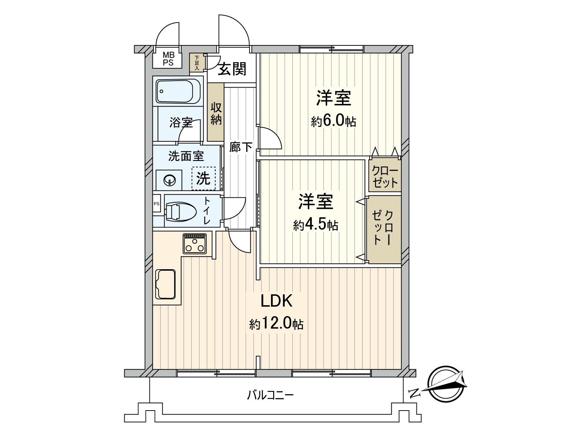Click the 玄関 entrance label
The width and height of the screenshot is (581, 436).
coord(232,69)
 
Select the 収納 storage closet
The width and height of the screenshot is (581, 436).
coord(216,113)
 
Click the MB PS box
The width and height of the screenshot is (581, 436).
coord(168,58)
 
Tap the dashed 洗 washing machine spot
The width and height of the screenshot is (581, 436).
coord(203,178)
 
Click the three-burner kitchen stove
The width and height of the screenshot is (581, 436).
coord(194,243)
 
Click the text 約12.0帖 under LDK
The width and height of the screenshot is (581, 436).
coord(276,324)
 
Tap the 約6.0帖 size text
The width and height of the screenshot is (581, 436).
coord(333,121)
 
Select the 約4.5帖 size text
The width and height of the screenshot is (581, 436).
coord(316,226)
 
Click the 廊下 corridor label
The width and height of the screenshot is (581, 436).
coord(241,147)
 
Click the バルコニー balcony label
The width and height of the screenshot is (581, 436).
coord(270,395)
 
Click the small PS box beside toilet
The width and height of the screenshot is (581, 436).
coord(157,204)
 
